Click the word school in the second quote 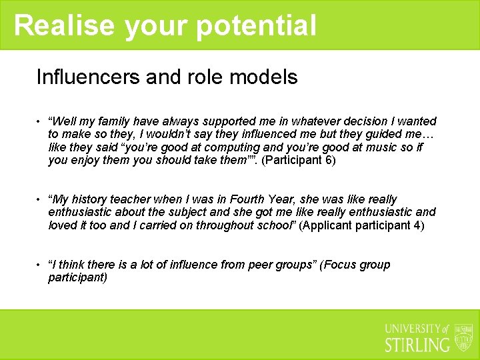(275, 225)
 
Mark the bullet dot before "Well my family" (39, 122)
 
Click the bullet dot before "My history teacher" (39, 200)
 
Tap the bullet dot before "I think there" (39, 265)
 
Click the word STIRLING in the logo (418, 344)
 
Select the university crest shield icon (463, 337)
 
